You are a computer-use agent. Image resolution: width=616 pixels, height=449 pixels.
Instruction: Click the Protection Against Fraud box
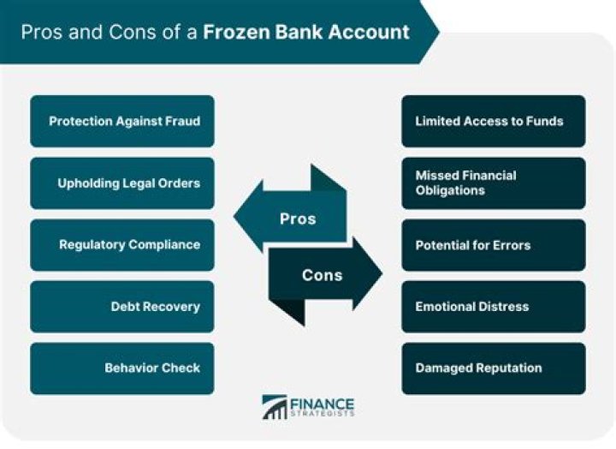(x=122, y=121)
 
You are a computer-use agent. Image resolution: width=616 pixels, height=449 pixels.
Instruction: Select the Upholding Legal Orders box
(x=122, y=183)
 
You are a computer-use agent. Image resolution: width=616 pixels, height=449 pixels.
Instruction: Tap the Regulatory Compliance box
(x=122, y=244)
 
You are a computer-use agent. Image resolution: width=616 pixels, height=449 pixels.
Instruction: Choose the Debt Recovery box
(x=122, y=306)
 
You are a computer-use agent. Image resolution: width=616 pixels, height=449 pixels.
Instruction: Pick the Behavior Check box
(x=122, y=368)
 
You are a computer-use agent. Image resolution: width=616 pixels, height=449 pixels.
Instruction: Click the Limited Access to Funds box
(x=494, y=121)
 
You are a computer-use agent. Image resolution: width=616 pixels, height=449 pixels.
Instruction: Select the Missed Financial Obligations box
(x=494, y=183)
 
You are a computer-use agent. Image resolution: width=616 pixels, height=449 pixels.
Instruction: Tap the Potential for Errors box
(x=494, y=244)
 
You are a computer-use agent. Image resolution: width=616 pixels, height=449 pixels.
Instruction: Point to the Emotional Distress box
(x=494, y=306)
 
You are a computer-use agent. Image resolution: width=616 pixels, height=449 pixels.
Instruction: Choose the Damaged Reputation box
(x=494, y=368)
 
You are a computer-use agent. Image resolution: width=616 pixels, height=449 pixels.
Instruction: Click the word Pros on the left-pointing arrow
(x=298, y=219)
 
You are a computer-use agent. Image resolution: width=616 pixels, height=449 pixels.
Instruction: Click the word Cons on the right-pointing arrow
(x=322, y=275)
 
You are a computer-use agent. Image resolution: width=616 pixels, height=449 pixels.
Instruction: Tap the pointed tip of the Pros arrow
(x=237, y=219)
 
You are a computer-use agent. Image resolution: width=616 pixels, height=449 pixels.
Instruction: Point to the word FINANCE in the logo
(x=323, y=404)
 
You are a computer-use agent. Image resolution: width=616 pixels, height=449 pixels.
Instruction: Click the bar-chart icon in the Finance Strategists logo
(x=275, y=408)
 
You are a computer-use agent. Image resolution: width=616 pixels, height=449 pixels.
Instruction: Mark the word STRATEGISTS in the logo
(x=323, y=416)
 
